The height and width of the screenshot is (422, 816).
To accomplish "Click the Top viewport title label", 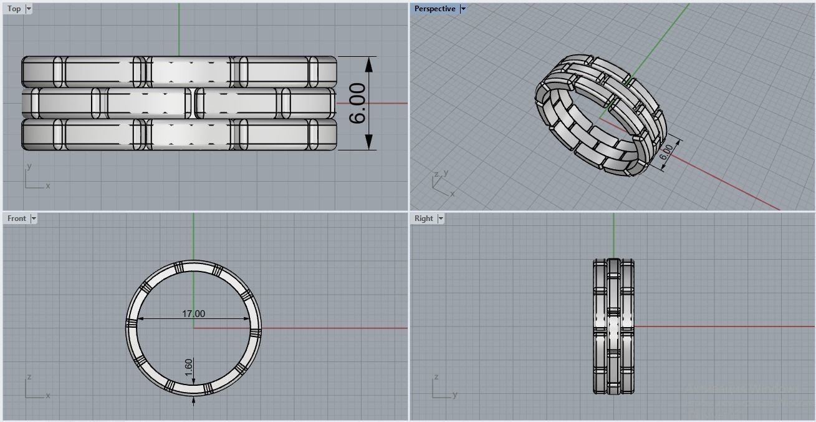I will point(14,9).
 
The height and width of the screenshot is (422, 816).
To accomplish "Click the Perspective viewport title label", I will point(434,9).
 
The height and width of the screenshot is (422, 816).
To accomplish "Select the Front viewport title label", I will point(16,218).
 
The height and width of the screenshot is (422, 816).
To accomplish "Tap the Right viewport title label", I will point(423,218).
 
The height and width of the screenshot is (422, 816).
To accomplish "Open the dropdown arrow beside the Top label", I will point(29,9).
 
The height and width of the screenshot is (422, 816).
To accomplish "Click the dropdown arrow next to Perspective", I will point(463,9).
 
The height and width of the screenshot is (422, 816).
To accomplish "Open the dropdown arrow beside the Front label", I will point(34,218).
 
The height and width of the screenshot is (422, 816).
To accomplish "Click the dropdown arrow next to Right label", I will point(441,218).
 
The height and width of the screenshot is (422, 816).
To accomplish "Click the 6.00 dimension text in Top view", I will point(358,104).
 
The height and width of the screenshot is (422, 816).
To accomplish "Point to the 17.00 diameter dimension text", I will point(193,314).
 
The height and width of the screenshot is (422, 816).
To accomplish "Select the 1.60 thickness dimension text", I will point(189,367).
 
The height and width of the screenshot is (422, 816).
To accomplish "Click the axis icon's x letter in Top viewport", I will point(48,186).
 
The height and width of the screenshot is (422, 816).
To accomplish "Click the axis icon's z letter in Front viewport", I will point(29,378).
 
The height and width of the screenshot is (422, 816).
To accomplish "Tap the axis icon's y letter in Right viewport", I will point(454,395).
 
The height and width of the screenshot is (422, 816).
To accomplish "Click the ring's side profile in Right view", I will point(613,326).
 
